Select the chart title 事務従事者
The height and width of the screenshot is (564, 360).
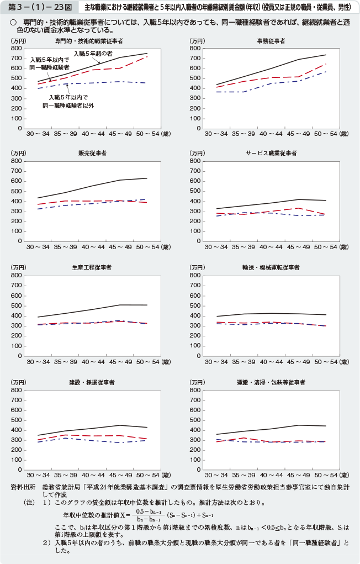pos(271,41)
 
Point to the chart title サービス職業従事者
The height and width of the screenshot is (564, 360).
pos(271,153)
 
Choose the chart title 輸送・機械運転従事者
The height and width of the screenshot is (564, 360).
pos(271,267)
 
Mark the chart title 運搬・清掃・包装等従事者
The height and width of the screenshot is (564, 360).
pos(271,382)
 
